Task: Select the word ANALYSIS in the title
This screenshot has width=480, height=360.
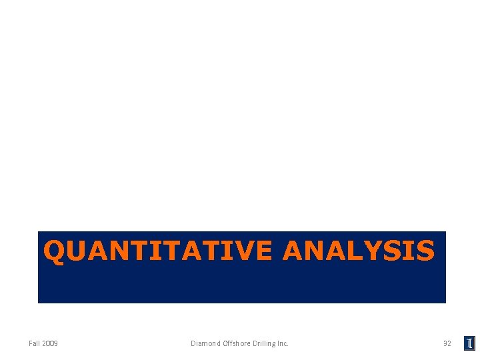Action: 359,251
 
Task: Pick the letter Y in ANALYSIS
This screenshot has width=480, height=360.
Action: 382,251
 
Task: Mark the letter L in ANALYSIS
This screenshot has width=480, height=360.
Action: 365,251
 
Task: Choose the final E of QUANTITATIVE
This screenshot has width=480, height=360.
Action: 263,251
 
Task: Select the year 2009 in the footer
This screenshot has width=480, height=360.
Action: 49,343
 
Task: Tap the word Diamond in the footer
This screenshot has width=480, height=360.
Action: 205,343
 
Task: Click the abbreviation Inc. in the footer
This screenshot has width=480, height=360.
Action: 283,343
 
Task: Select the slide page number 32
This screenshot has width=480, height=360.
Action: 447,343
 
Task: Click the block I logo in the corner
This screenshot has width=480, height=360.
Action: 469,343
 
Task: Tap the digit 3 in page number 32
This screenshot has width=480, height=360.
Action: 445,343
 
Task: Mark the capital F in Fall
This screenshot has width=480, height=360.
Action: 31,343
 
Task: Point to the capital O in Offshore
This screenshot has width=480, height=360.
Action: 224,343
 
